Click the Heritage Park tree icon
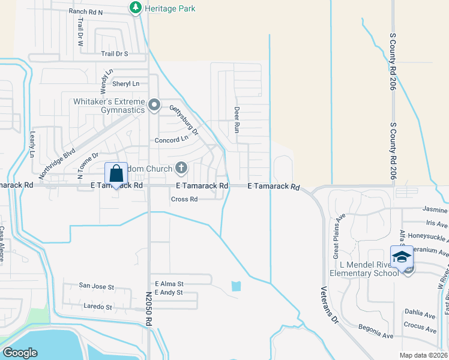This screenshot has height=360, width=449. click(136, 8)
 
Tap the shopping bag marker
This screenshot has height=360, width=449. click(116, 173)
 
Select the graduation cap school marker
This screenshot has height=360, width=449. click(401, 256)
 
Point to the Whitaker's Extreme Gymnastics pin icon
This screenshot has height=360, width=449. click(154, 106)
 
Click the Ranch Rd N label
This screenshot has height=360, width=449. click(86, 11)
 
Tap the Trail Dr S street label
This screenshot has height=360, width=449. click(115, 54)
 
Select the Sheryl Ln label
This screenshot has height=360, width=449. click(125, 84)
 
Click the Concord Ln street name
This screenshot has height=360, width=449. click(172, 139)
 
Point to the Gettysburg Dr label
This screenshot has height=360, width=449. click(184, 120)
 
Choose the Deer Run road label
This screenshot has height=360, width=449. click(237, 120)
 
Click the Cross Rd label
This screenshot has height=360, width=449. click(184, 199)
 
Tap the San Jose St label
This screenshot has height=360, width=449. click(97, 287)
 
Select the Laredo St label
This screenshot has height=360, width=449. click(97, 307)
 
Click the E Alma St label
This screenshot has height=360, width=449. click(169, 283)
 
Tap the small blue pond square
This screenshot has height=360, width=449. click(236, 286)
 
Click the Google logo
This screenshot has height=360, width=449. click(20, 353)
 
